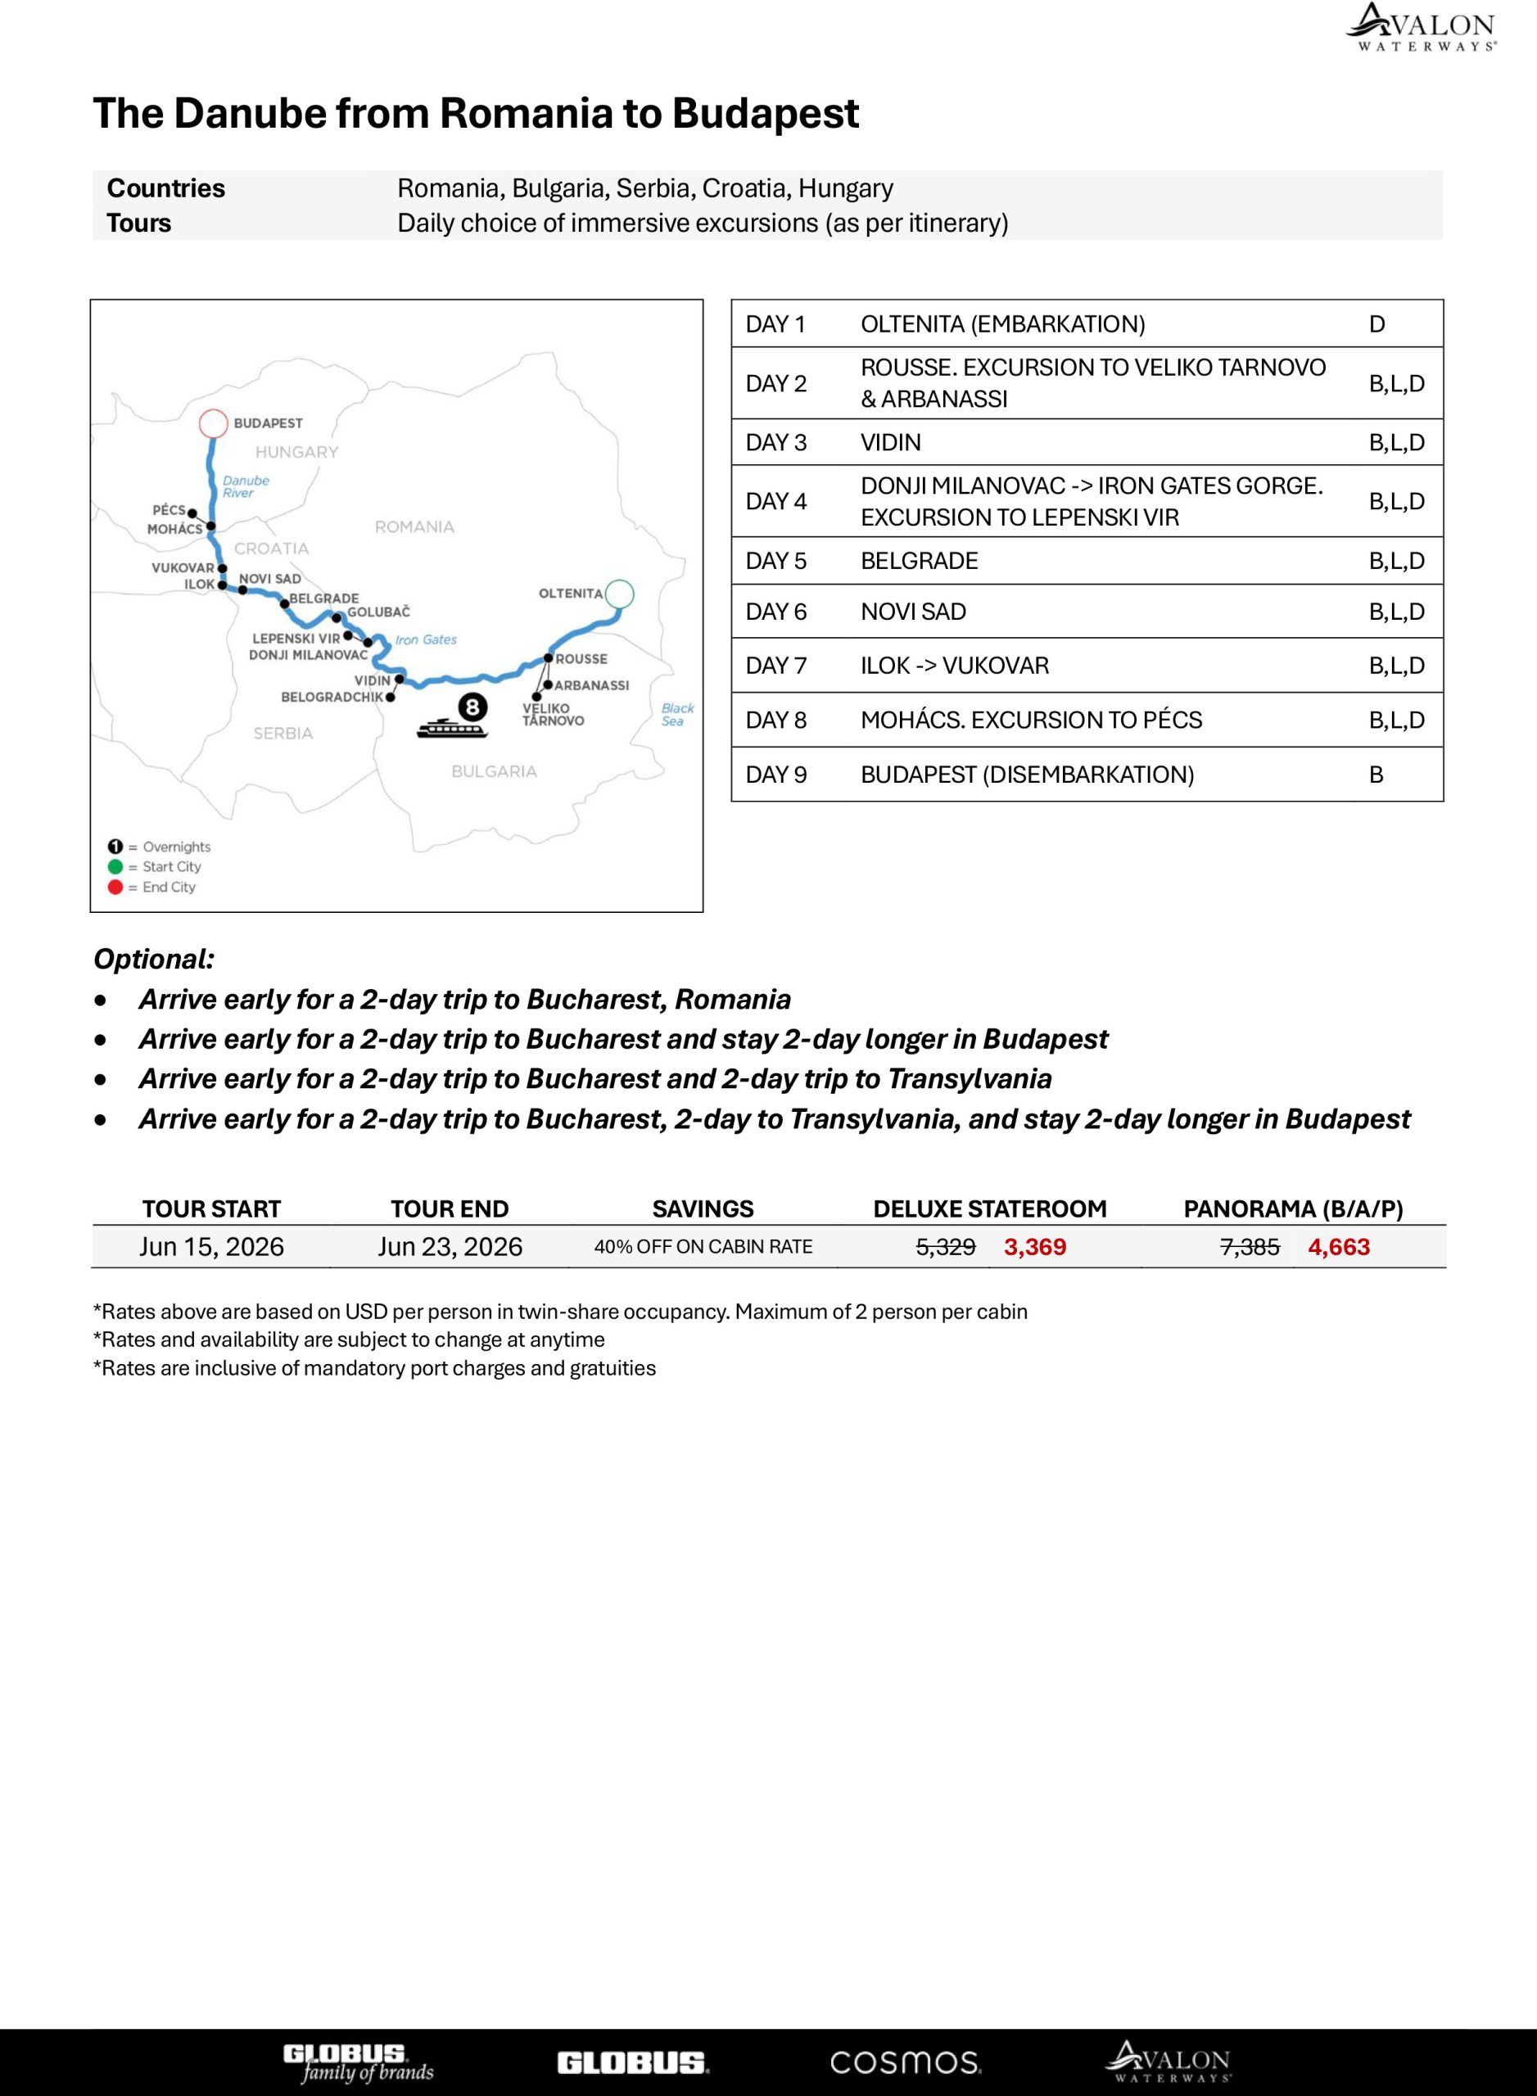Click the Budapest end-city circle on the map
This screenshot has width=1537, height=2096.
tap(213, 423)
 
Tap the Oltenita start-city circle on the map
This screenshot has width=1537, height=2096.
tap(620, 593)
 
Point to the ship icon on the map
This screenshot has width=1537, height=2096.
tap(451, 728)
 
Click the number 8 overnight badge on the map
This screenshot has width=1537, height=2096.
tap(472, 707)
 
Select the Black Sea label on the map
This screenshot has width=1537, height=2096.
tap(677, 715)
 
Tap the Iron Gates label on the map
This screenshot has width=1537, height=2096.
tap(426, 640)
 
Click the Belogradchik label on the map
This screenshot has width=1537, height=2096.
tap(332, 697)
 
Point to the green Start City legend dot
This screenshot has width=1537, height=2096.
tap(115, 866)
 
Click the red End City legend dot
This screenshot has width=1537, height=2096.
tap(115, 887)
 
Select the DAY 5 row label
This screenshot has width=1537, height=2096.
tap(776, 561)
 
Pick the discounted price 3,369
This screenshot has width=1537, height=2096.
tap(1034, 1247)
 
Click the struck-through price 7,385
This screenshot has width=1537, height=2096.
tap(1250, 1247)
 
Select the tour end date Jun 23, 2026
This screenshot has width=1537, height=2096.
tap(450, 1247)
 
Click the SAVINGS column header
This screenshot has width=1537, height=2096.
tap(703, 1208)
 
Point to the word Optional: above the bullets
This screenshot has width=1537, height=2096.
tap(153, 959)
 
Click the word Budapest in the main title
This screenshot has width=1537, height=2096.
tap(765, 114)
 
